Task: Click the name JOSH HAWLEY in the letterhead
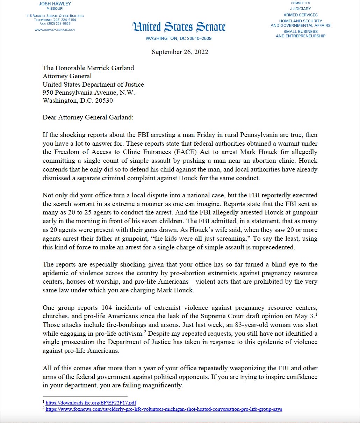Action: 55,4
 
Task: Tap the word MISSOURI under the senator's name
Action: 55,8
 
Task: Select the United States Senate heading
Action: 179,27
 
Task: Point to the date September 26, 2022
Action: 180,52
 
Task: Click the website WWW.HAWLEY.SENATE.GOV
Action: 55,30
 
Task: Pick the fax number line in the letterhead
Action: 55,24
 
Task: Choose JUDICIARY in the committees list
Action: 300,9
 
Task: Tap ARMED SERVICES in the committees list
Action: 300,15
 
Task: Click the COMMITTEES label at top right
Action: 300,3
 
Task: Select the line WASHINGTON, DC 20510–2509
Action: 179,38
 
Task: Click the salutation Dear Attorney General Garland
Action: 88,117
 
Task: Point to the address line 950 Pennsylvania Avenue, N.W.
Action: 88,93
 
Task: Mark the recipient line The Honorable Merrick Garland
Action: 88,68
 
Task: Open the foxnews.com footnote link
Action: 164,409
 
